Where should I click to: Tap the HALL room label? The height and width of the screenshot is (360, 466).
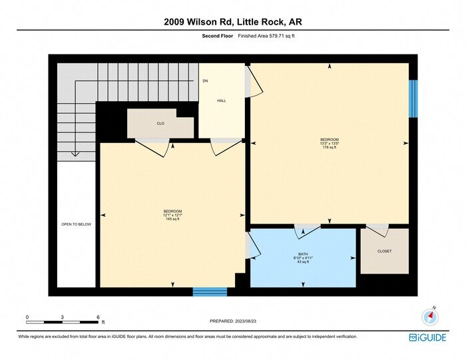click(x=221, y=100)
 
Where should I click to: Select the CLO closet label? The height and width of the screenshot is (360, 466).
click(x=160, y=124)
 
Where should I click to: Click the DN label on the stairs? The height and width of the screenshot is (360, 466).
click(x=205, y=81)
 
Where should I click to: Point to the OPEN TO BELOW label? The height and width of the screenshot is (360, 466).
click(x=76, y=224)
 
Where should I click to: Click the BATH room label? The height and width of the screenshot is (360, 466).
click(x=303, y=254)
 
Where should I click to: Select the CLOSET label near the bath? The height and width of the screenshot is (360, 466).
click(x=384, y=251)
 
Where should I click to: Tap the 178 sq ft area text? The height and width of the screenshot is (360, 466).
click(x=329, y=148)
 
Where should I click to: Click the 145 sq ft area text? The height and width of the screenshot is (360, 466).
click(x=172, y=219)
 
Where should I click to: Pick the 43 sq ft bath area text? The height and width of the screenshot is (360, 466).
click(x=303, y=262)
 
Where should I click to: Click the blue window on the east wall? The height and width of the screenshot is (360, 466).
click(x=413, y=98)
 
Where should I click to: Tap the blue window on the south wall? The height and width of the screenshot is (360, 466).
click(x=210, y=291)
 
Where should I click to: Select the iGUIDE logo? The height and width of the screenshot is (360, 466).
click(x=427, y=337)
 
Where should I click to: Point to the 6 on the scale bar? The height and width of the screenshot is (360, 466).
click(x=98, y=317)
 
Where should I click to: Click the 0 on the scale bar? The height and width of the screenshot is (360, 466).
click(x=27, y=317)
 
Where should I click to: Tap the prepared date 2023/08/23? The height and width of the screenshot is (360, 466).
click(x=232, y=321)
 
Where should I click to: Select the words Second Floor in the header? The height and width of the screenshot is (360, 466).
click(x=216, y=36)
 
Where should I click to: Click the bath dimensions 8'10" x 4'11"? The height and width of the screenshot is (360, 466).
click(x=303, y=258)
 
